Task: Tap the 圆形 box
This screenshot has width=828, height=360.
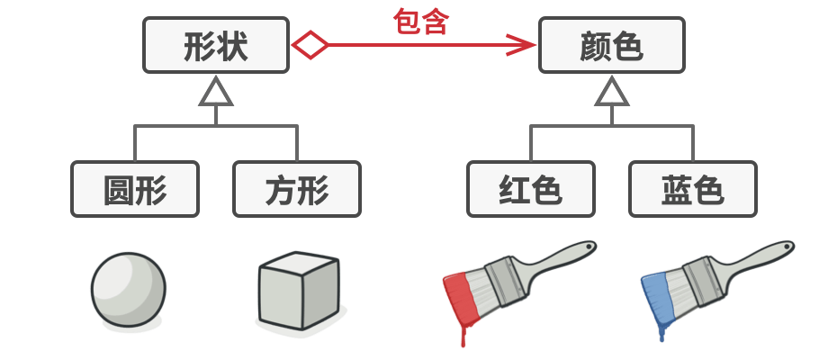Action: click(135, 189)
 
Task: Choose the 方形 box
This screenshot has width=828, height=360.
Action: click(297, 189)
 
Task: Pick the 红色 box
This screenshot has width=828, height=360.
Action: click(531, 189)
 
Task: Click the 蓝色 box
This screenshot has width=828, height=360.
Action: click(693, 189)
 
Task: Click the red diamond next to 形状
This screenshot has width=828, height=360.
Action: click(310, 45)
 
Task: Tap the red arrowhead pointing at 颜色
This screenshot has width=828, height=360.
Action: click(520, 45)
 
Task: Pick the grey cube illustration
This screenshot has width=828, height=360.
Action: click(299, 290)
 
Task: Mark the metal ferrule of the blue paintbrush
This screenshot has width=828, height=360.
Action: click(695, 279)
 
